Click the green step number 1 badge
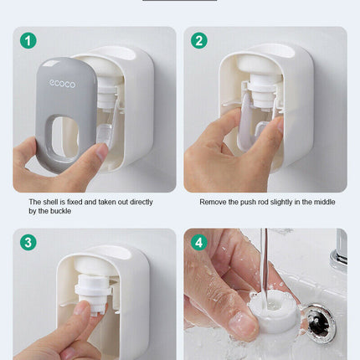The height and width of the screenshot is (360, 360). [28, 40]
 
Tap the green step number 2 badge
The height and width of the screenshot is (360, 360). [199, 40]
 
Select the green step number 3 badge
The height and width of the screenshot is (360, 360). [28, 243]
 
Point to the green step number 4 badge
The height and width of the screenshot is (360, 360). [199, 243]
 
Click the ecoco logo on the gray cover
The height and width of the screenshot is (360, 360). [60, 83]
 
